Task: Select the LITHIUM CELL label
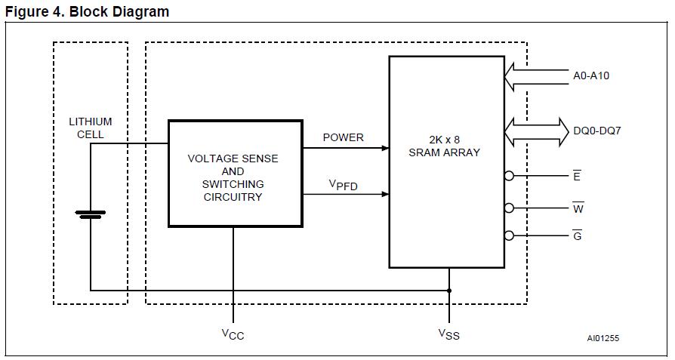point(90,128)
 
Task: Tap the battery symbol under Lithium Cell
point(90,214)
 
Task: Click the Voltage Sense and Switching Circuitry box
point(235,178)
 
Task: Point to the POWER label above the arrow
point(344,137)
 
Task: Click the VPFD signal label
point(343,185)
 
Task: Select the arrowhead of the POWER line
point(384,149)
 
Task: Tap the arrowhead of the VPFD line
point(384,194)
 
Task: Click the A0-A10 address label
point(592,75)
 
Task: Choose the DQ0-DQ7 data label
point(596,131)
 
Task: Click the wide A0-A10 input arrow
point(535,75)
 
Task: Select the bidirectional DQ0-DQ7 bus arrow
point(537,131)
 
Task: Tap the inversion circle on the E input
point(509,176)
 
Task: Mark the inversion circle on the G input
point(509,235)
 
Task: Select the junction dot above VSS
point(449,290)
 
